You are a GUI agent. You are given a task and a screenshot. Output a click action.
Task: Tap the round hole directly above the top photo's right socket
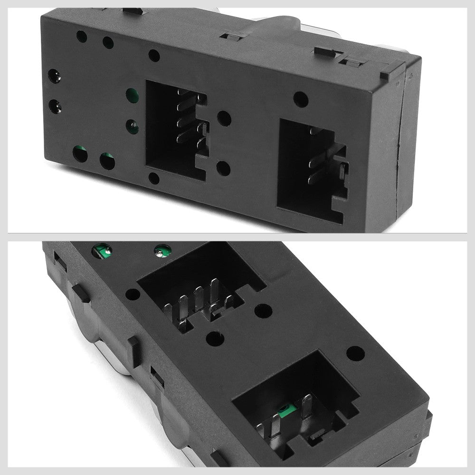300,99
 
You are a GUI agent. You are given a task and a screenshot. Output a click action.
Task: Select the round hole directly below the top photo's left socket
154,178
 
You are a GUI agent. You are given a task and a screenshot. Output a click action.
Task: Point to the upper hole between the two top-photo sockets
224,118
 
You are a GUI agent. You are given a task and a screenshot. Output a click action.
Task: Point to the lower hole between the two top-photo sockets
223,168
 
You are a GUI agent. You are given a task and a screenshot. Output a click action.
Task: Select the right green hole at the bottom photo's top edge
162,249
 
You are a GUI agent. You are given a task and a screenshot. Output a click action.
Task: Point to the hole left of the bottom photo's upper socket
133,294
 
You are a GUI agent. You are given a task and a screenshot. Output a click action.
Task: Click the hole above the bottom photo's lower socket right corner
355,353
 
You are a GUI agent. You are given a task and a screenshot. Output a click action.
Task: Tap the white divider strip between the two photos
237,237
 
